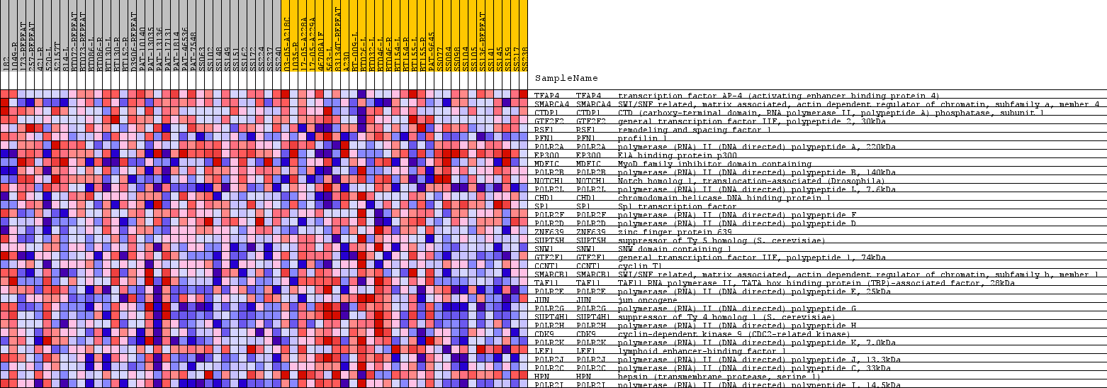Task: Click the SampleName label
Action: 566,79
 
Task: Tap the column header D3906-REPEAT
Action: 133,43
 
